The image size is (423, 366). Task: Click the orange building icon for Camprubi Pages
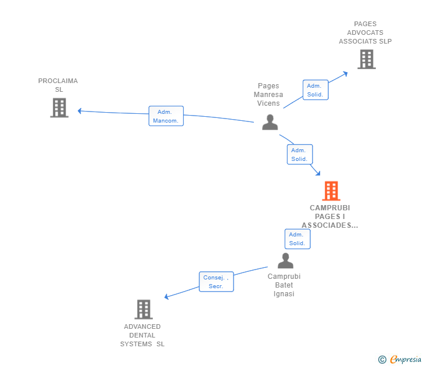coord(331,191)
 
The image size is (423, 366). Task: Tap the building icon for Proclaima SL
coord(59,107)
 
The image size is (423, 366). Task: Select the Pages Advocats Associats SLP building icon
coord(366,59)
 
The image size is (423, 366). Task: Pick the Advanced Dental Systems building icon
coord(144,309)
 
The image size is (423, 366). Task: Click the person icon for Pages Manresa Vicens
coord(270,122)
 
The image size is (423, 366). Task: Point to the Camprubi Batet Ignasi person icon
coord(285,261)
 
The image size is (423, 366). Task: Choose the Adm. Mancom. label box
coord(166,116)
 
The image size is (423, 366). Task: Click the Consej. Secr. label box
coord(216,282)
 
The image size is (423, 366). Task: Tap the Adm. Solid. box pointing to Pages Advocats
coord(316,90)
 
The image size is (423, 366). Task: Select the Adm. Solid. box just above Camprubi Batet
coord(297,239)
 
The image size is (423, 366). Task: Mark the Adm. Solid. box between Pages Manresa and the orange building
coord(300,155)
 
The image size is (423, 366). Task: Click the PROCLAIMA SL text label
coord(58,85)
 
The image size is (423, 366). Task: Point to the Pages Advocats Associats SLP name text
coord(365,33)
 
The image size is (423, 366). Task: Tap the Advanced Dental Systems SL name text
coord(142,335)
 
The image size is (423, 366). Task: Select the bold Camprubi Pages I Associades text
coord(330,216)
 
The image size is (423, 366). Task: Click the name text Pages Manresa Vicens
coord(268,95)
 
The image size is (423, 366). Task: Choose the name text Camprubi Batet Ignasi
coord(284,285)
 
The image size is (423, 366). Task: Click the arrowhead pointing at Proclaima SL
coord(80,110)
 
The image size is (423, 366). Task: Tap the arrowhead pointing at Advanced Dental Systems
coord(167,297)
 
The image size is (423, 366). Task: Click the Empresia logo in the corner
coord(400,360)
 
